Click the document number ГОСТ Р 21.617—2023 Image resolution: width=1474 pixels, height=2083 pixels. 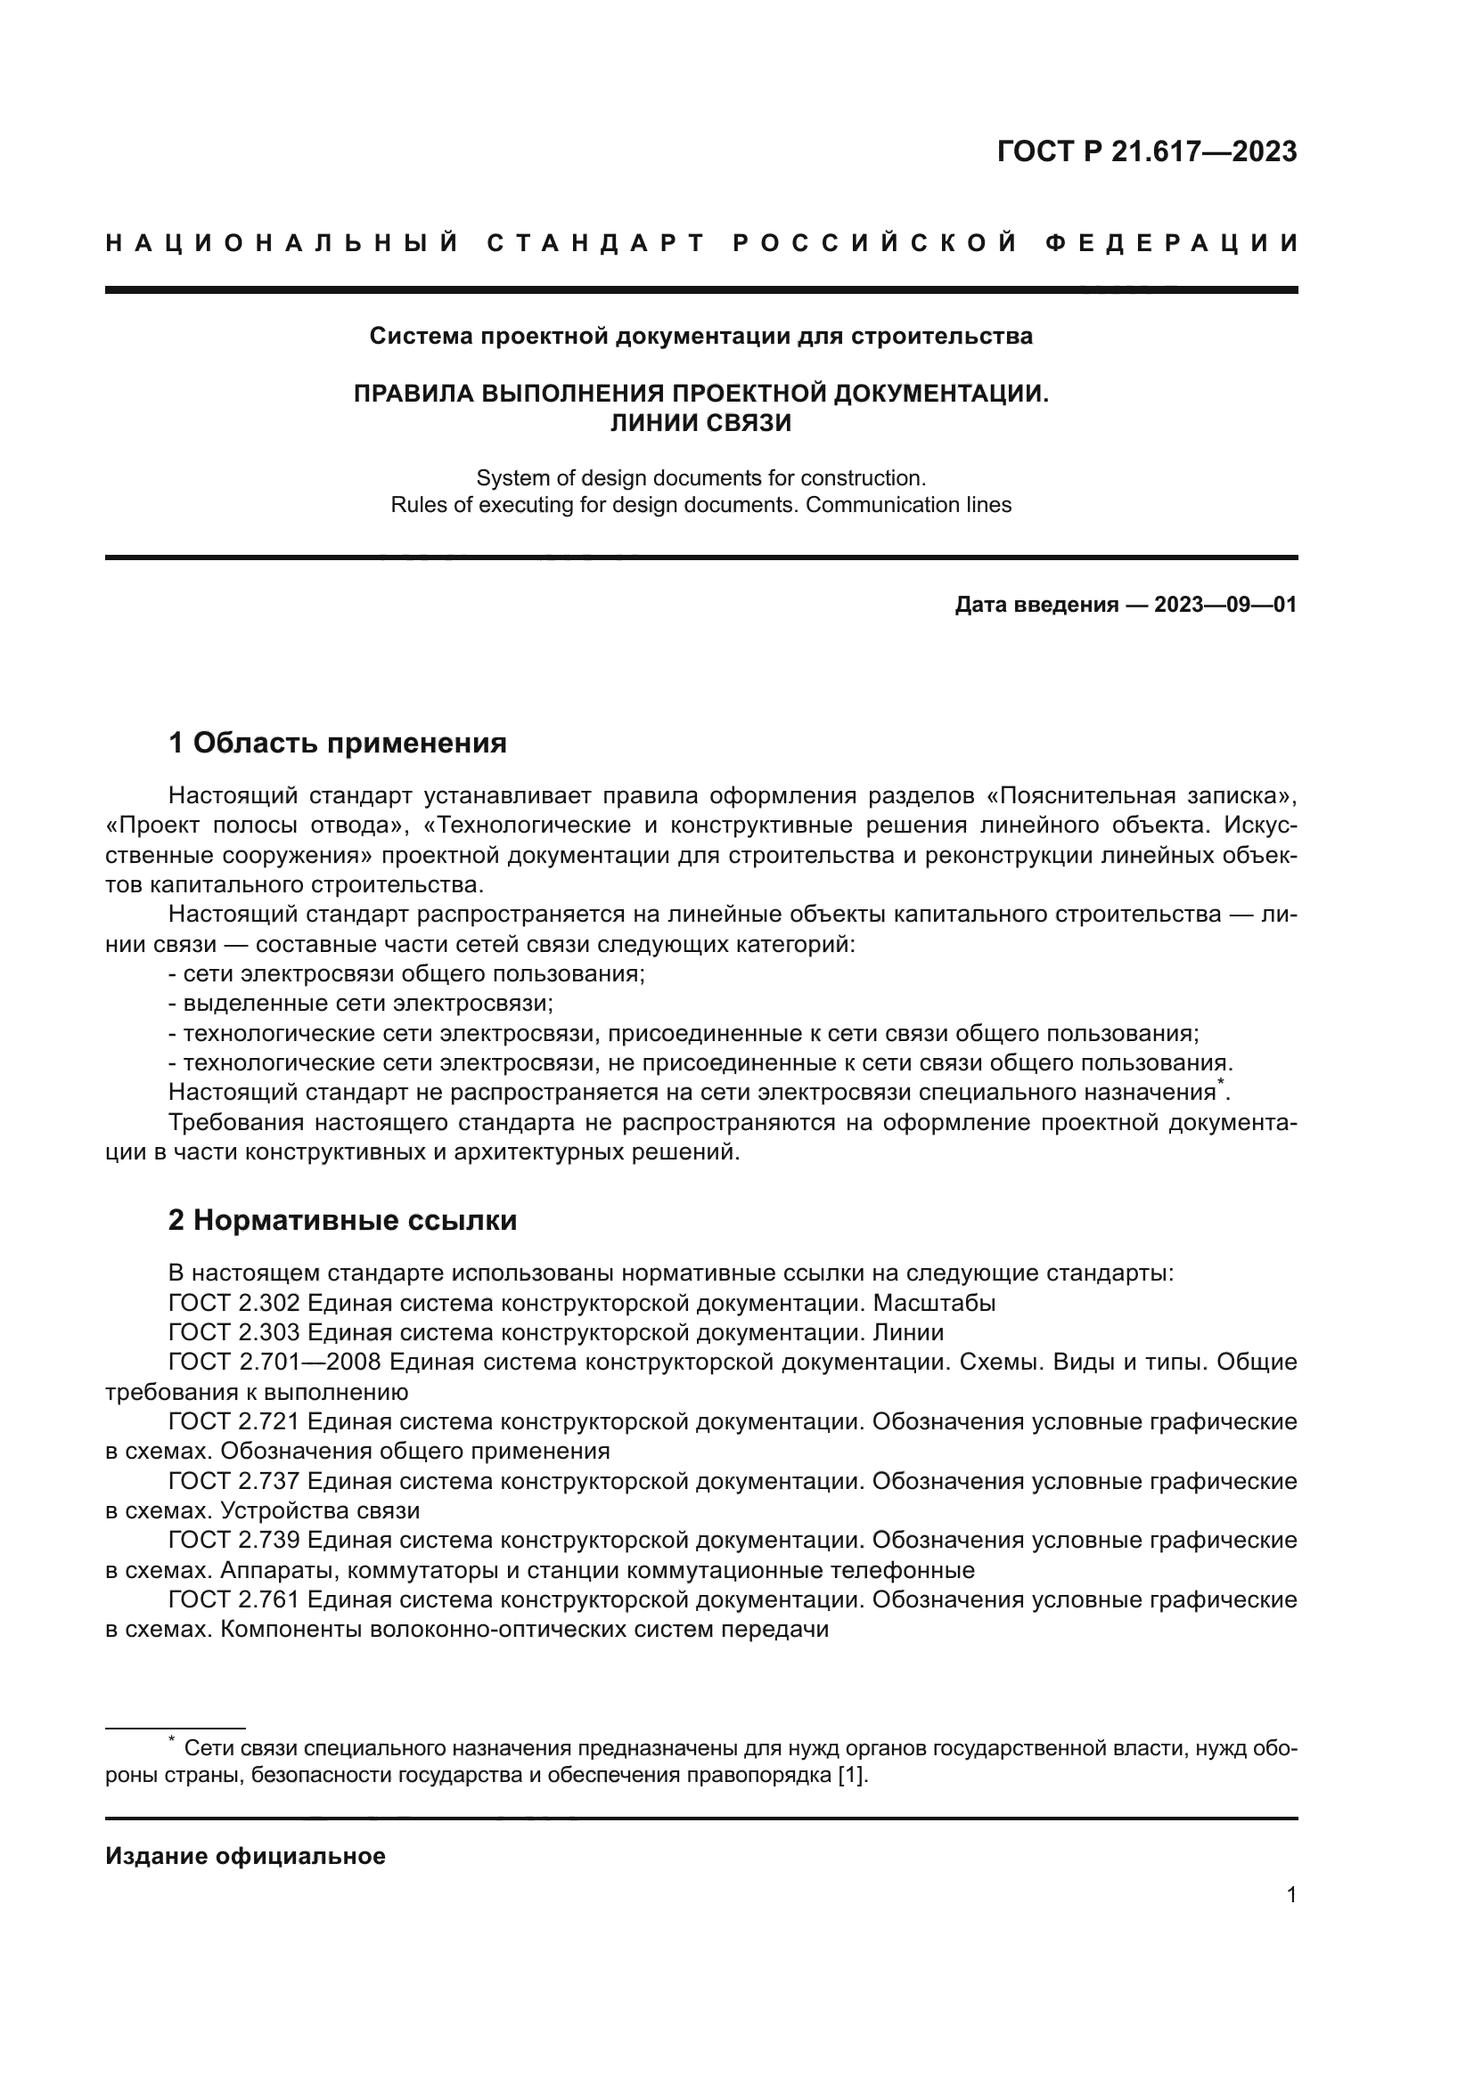pyautogui.click(x=1146, y=151)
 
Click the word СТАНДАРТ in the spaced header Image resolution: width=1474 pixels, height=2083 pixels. pyautogui.click(x=597, y=244)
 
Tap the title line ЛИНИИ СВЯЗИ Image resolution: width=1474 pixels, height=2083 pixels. pyautogui.click(x=700, y=423)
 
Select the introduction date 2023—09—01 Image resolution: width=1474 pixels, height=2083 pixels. pyautogui.click(x=1225, y=605)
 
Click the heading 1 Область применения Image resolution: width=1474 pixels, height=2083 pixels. pyautogui.click(x=338, y=744)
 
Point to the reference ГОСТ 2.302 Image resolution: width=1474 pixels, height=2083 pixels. pyautogui.click(x=234, y=1304)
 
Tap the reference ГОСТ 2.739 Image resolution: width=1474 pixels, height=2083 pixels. pyautogui.click(x=234, y=1541)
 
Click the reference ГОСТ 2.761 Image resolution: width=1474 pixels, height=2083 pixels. pyautogui.click(x=234, y=1599)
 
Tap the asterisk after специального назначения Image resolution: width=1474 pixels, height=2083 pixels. pyautogui.click(x=1221, y=1083)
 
